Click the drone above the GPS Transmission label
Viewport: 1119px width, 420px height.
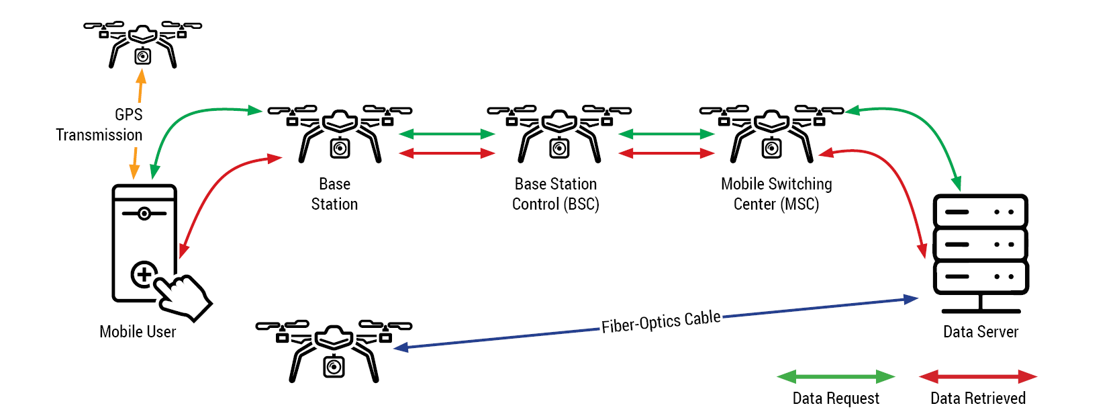pyautogui.click(x=142, y=44)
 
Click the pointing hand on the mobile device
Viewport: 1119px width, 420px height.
pyautogui.click(x=185, y=296)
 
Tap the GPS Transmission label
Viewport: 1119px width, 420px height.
pyautogui.click(x=99, y=125)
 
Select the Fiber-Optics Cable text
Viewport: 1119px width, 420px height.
pyautogui.click(x=661, y=322)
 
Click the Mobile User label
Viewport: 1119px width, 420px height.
pyautogui.click(x=138, y=332)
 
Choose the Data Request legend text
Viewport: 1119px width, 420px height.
pyautogui.click(x=836, y=398)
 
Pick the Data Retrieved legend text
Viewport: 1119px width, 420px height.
pyautogui.click(x=978, y=398)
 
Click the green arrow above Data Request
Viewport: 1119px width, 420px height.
pyautogui.click(x=836, y=376)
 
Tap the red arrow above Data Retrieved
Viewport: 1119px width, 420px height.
pyautogui.click(x=978, y=376)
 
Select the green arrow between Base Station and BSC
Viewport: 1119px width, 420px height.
pyautogui.click(x=447, y=134)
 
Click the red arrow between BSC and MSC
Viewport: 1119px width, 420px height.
pyautogui.click(x=666, y=153)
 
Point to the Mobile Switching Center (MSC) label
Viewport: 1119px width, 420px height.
pyautogui.click(x=777, y=194)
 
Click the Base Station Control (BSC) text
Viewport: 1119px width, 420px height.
pyautogui.click(x=556, y=194)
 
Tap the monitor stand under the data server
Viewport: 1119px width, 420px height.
pyautogui.click(x=981, y=304)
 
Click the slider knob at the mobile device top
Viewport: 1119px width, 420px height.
pyautogui.click(x=144, y=214)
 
